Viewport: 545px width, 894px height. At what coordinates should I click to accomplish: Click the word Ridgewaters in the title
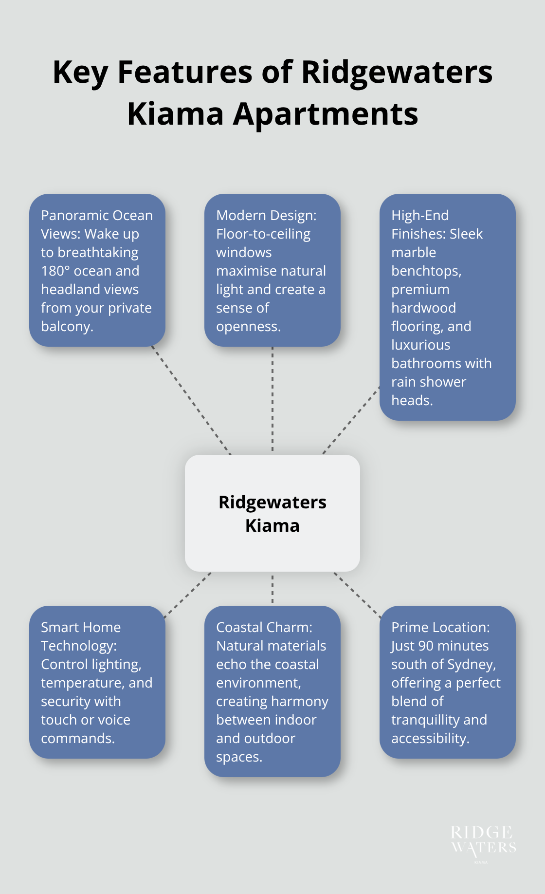pos(397,73)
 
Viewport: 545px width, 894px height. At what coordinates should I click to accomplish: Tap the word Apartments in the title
pos(326,114)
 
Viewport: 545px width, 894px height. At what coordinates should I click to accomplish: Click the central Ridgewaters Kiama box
pos(272,513)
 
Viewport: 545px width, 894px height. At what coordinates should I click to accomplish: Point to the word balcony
pos(66,327)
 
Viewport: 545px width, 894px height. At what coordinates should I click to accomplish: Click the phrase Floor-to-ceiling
pos(263,234)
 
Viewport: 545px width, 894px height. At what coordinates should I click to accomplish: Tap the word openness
pos(248,327)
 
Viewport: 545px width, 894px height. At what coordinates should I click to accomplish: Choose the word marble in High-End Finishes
pos(413,253)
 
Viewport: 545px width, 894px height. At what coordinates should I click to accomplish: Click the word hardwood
pos(423,308)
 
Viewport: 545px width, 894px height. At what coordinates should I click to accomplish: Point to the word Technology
pos(78,646)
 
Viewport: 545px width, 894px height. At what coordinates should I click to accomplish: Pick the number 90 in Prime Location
pos(426,646)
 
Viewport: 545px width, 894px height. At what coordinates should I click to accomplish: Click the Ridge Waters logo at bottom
pos(483,842)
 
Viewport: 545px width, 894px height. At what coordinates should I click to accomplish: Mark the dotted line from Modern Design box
pos(272,399)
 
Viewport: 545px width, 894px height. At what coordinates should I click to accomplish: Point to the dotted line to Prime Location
pos(358,595)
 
